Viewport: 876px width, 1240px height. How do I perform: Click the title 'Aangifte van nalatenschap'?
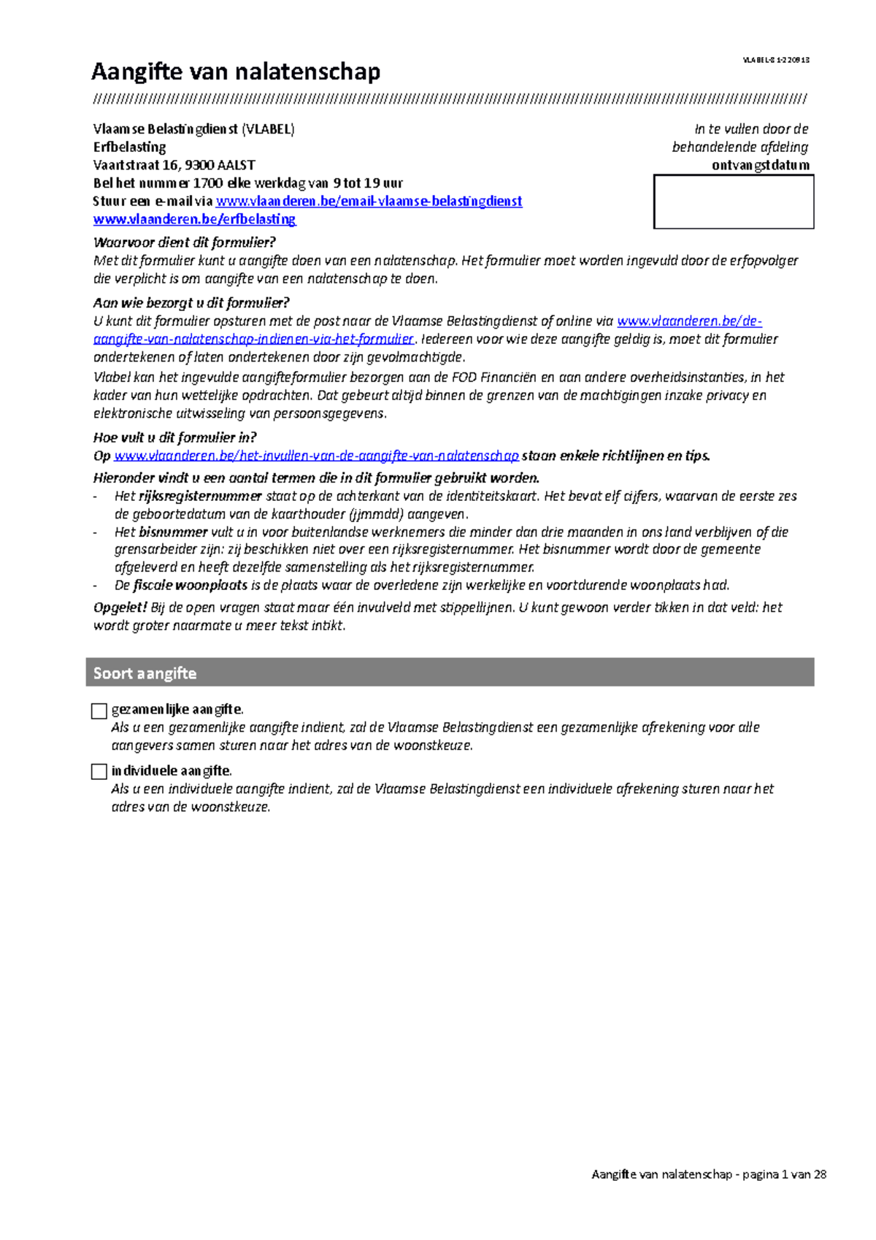coord(235,72)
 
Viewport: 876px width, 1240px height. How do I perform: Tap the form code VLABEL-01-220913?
coord(776,60)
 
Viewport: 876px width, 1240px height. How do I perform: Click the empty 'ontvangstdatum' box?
coord(734,202)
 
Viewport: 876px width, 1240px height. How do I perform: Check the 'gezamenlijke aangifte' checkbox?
coord(99,711)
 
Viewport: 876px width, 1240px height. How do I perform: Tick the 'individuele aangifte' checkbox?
coord(99,772)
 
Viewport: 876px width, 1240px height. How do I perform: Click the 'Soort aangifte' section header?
coord(145,673)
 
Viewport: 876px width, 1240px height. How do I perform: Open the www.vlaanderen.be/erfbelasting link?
coord(194,219)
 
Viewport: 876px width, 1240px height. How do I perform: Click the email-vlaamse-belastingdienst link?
coord(369,202)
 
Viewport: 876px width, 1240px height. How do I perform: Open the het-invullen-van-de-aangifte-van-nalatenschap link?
coord(316,456)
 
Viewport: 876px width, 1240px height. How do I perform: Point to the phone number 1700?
coord(207,183)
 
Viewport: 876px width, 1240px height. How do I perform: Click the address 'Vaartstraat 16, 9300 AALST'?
coord(174,165)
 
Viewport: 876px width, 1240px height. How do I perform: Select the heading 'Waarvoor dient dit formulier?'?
coord(184,242)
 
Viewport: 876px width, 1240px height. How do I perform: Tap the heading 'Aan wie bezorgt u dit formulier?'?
coord(191,303)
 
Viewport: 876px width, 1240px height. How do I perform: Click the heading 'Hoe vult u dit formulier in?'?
coord(174,438)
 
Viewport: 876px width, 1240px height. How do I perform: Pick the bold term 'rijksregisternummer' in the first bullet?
coord(199,497)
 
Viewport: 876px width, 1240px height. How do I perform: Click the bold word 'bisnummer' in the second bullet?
coord(172,532)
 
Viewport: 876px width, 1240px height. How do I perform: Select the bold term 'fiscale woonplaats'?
coord(190,586)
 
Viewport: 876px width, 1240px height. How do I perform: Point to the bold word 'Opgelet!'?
coord(120,608)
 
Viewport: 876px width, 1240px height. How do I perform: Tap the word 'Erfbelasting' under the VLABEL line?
coord(129,147)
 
